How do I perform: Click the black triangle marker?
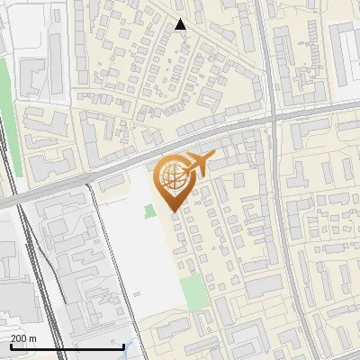pyautogui.click(x=181, y=24)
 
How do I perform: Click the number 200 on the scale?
pyautogui.click(x=19, y=338)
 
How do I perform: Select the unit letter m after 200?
pyautogui.click(x=33, y=338)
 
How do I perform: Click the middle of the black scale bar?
pyautogui.click(x=67, y=346)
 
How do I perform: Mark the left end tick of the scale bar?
pyautogui.click(x=11, y=346)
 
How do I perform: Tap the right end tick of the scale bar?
pyautogui.click(x=124, y=346)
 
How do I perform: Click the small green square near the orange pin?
pyautogui.click(x=148, y=211)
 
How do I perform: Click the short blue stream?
pyautogui.click(x=135, y=349)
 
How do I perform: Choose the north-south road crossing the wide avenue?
pyautogui.click(x=279, y=225)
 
